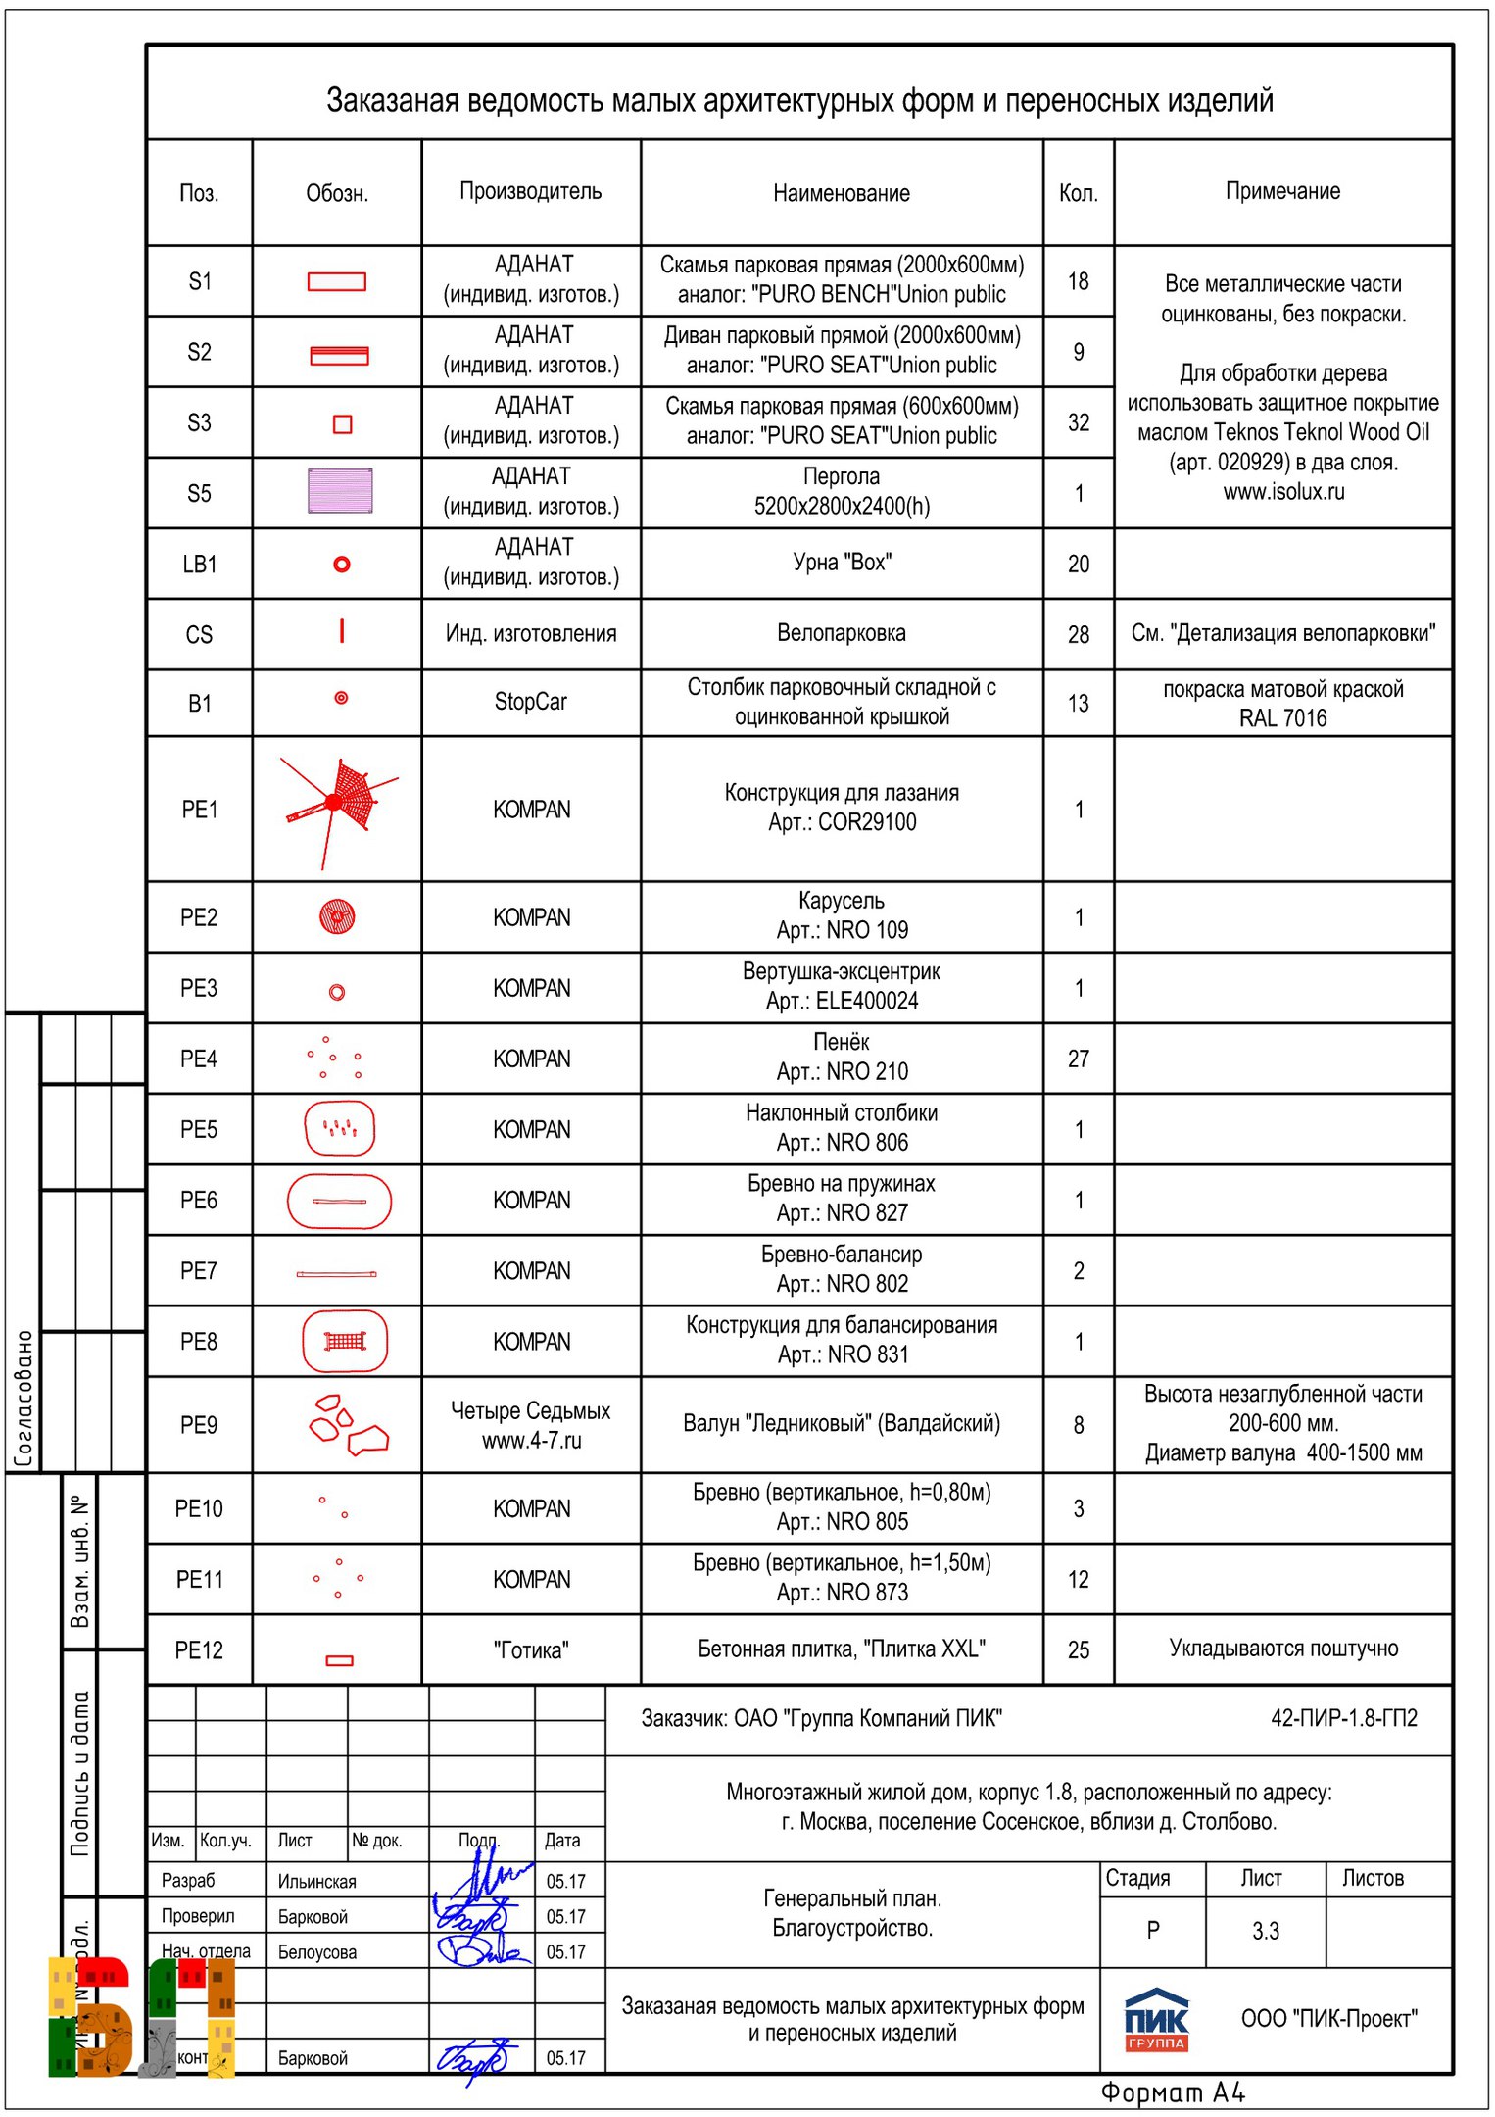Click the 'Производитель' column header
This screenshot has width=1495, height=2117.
[x=530, y=191]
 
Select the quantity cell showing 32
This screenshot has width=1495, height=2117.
[x=1078, y=422]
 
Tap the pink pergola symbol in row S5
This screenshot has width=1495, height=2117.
[x=340, y=491]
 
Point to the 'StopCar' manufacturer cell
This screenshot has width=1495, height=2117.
[x=530, y=702]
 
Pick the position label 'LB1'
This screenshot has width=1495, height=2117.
[x=199, y=565]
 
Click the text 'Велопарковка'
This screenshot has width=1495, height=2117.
[x=841, y=633]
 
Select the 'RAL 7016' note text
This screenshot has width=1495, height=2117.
[x=1282, y=718]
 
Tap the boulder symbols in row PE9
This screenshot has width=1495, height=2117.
[x=345, y=1424]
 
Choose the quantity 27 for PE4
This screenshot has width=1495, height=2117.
[x=1078, y=1058]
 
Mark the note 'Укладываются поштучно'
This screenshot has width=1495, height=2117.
[x=1282, y=1649]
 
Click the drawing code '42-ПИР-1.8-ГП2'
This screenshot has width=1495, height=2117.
[x=1343, y=1718]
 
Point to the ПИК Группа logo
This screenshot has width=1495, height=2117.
[x=1156, y=2020]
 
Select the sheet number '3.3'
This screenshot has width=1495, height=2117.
[x=1265, y=1931]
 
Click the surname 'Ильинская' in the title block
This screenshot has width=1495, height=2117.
[x=316, y=1882]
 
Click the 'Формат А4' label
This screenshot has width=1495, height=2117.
[x=1172, y=2092]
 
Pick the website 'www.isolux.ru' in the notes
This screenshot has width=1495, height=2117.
[x=1283, y=492]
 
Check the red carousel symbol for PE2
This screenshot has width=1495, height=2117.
[x=337, y=917]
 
